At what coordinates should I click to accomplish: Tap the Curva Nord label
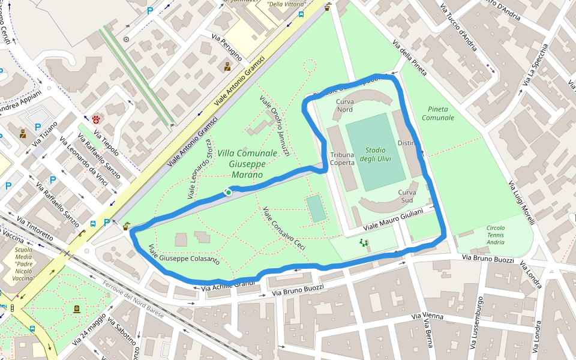pyautogui.click(x=344, y=106)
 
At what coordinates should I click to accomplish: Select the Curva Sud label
pyautogui.click(x=407, y=196)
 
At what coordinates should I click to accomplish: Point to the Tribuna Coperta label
pyautogui.click(x=342, y=158)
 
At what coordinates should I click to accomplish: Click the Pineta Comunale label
pyautogui.click(x=437, y=113)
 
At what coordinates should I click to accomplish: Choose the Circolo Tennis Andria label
pyautogui.click(x=496, y=235)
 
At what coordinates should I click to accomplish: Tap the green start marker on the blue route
pyautogui.click(x=229, y=192)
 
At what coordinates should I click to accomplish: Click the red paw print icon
pyautogui.click(x=96, y=119)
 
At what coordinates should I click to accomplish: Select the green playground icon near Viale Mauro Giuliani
pyautogui.click(x=362, y=244)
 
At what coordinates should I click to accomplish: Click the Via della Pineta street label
pyautogui.click(x=410, y=59)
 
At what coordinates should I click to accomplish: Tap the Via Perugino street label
pyautogui.click(x=227, y=47)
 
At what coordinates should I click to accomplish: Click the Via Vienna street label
pyautogui.click(x=427, y=316)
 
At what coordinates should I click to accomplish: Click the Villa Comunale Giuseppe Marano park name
pyautogui.click(x=248, y=164)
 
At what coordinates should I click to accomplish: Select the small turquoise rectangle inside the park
pyautogui.click(x=316, y=208)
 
